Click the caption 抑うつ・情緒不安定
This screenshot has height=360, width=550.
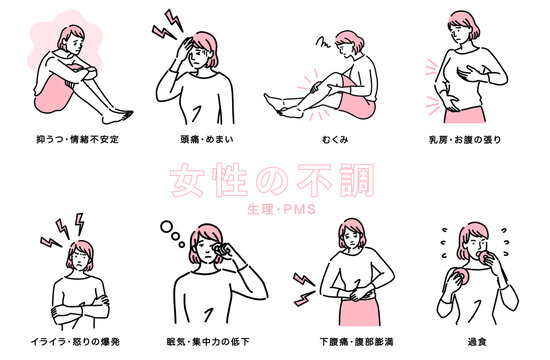point(77,139)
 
